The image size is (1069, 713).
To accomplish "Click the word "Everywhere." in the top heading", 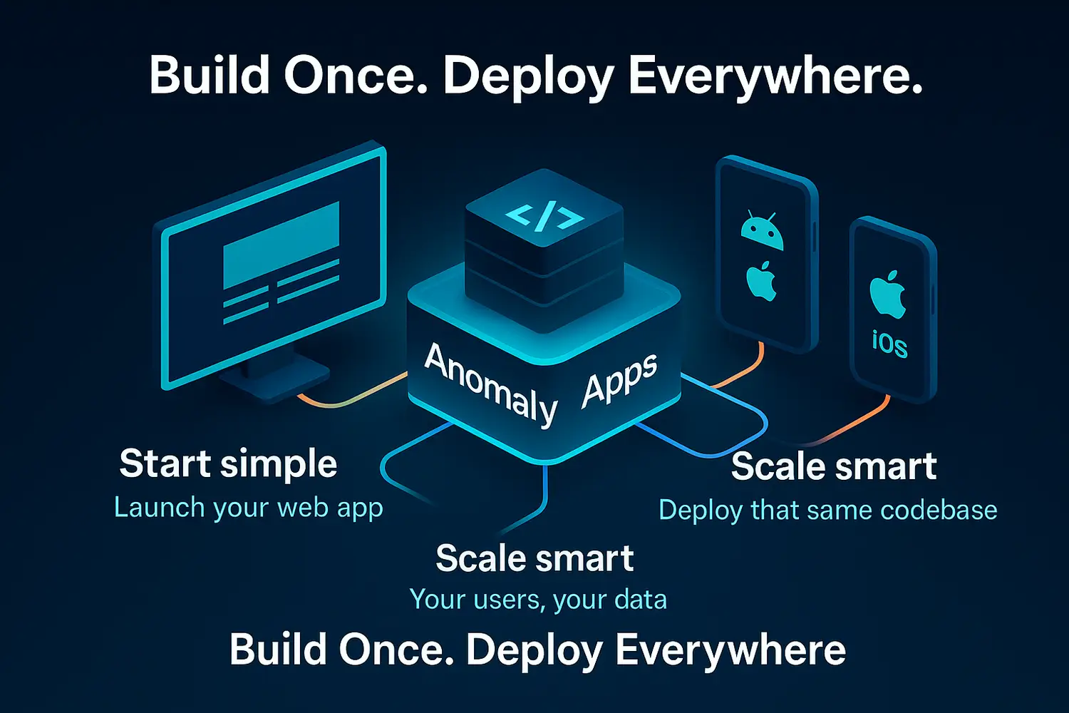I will [775, 76].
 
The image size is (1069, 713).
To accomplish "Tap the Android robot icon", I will [762, 232].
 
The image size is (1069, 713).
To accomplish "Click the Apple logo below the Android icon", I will [761, 280].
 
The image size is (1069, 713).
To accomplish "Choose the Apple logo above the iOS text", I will [887, 294].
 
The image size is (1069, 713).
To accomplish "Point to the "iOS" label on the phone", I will [889, 344].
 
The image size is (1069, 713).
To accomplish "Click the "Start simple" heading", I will [228, 463].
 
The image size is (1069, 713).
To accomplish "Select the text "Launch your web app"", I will [248, 508].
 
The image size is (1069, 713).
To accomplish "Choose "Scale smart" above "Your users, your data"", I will [534, 558].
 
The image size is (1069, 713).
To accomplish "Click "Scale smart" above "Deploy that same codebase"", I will [833, 467].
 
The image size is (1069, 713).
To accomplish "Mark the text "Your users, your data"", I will [538, 600].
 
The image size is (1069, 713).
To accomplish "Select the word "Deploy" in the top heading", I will [528, 76].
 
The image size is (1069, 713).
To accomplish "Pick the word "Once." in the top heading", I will [356, 76].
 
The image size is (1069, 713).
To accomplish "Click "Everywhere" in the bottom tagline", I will [730, 650].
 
